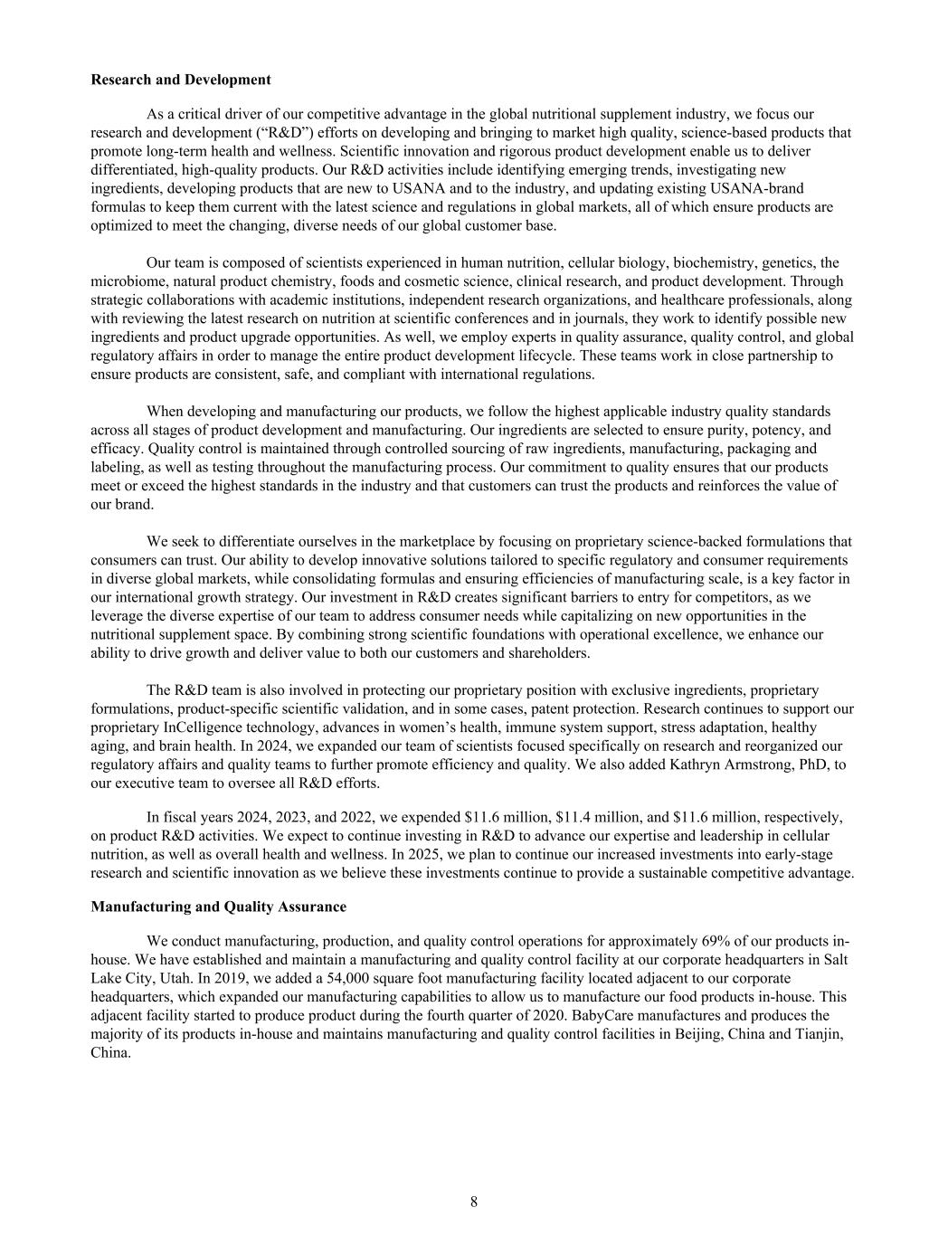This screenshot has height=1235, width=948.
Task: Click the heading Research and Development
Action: click(181, 80)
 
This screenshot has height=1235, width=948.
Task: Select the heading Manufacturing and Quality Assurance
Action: click(218, 906)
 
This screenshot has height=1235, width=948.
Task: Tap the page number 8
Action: click(474, 1202)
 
